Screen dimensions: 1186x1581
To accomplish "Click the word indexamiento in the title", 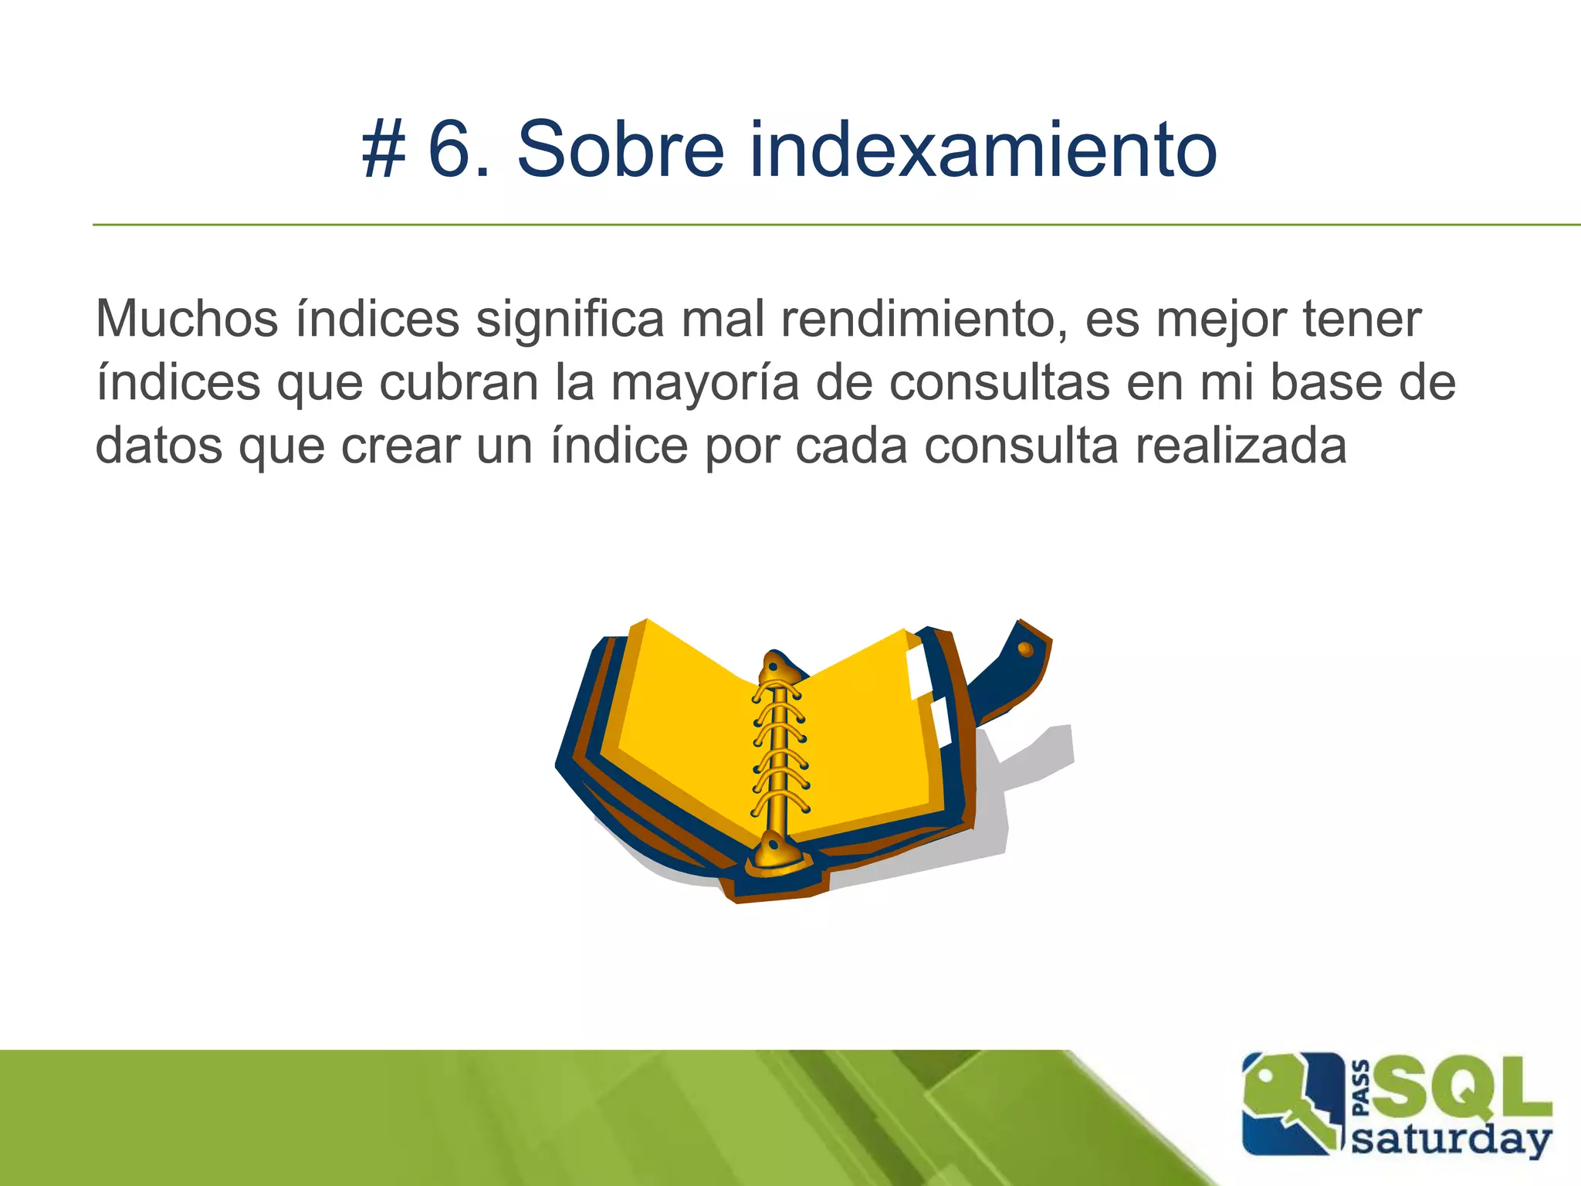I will (983, 149).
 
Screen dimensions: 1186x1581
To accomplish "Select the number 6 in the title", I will (450, 149).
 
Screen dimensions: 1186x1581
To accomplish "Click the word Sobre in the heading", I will (621, 149).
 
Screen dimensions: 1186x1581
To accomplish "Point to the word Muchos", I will (186, 318).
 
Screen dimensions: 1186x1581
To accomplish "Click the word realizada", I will (1241, 446).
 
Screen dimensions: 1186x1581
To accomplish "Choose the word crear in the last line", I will (400, 446).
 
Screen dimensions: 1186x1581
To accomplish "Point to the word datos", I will (158, 446).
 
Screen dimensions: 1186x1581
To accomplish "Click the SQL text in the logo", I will (1464, 1088).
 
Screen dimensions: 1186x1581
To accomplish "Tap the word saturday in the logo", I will (1451, 1140).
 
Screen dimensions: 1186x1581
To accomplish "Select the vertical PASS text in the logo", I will (1362, 1088).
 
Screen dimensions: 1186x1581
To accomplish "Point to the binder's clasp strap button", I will (1025, 649).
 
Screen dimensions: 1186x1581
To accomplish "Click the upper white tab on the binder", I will (919, 672).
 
